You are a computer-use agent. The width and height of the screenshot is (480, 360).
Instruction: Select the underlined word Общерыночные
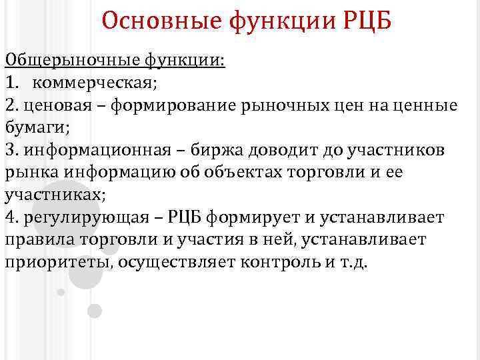tap(71, 61)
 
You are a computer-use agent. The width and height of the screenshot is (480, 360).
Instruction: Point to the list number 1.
tap(10, 83)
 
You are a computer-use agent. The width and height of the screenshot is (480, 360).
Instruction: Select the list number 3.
tap(9, 151)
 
